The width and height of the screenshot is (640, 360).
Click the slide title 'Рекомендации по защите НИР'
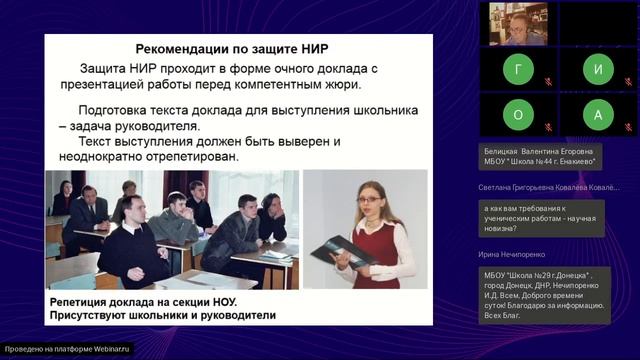(x=232, y=49)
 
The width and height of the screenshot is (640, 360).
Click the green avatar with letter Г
(x=517, y=71)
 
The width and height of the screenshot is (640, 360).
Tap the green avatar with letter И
(x=598, y=71)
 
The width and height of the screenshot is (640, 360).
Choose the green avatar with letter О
(x=517, y=115)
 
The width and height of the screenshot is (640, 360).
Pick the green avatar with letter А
(x=598, y=115)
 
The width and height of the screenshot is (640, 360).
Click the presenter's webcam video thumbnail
(x=517, y=23)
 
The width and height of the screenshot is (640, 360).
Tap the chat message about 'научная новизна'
(x=541, y=216)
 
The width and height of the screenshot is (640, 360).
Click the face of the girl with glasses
(x=367, y=199)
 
